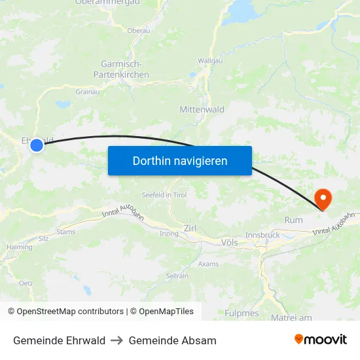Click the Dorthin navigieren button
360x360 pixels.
click(180, 160)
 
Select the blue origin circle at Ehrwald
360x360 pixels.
click(37, 145)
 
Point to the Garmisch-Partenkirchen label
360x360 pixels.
click(125, 69)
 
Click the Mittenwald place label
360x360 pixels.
click(202, 109)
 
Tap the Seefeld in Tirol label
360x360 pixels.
click(164, 195)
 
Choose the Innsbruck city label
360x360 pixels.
click(262, 234)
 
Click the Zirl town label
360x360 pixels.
click(190, 228)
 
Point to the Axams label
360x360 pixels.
click(208, 264)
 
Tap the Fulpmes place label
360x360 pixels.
click(242, 313)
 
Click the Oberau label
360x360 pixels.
click(139, 30)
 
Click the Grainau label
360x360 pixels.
click(87, 92)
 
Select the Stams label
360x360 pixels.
click(66, 232)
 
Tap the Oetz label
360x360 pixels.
click(26, 283)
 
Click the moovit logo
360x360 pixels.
click(320, 339)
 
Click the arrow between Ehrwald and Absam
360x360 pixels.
click(117, 340)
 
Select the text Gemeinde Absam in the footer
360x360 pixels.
click(172, 340)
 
